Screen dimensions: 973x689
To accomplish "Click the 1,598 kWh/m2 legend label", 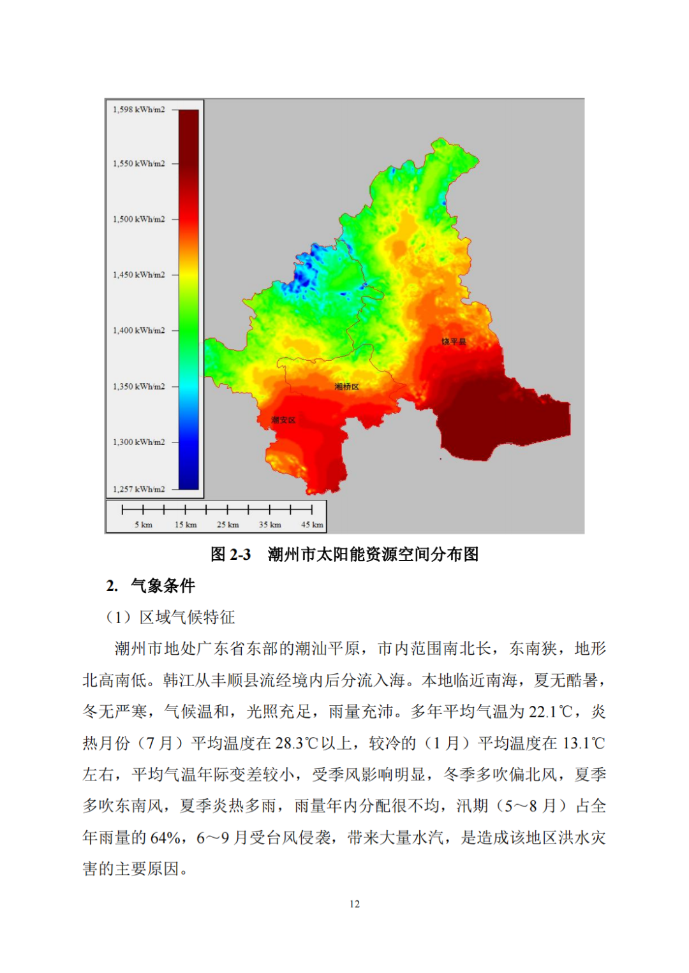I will coord(138,110).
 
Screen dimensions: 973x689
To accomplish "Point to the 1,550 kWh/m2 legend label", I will coord(138,164).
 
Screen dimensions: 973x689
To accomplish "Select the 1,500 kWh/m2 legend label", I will coord(138,219).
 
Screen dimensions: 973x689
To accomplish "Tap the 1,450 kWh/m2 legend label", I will coord(138,275).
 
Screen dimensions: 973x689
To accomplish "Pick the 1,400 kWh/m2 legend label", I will coord(138,330).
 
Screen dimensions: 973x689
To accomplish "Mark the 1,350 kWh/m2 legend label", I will coord(138,386).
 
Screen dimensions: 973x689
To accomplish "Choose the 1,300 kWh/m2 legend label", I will coord(138,442).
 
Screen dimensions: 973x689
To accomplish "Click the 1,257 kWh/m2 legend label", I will coord(138,489).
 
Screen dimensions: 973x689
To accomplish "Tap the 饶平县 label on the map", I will coord(454,342).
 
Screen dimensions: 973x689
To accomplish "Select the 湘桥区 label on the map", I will coord(347,387).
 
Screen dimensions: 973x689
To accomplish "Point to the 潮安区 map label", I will coord(283,420).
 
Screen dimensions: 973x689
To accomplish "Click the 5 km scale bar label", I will coord(144,525).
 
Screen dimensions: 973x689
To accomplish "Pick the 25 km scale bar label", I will coord(228,525).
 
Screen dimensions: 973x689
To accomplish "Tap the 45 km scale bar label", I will coord(312,525).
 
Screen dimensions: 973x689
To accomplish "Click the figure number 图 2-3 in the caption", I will coord(230,555).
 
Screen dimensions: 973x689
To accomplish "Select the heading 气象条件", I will coord(163,586).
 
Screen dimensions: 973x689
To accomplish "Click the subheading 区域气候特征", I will coord(187,617).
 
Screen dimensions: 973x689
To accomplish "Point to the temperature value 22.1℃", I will coord(551,712).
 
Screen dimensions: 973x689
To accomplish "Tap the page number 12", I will coord(355,904).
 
